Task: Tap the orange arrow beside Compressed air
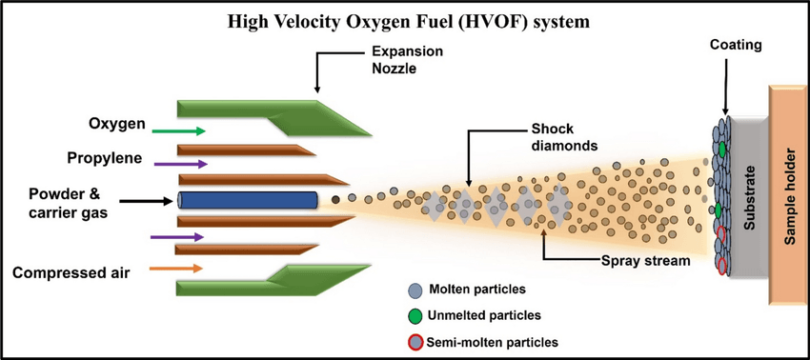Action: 176,269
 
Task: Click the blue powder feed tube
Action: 248,201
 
